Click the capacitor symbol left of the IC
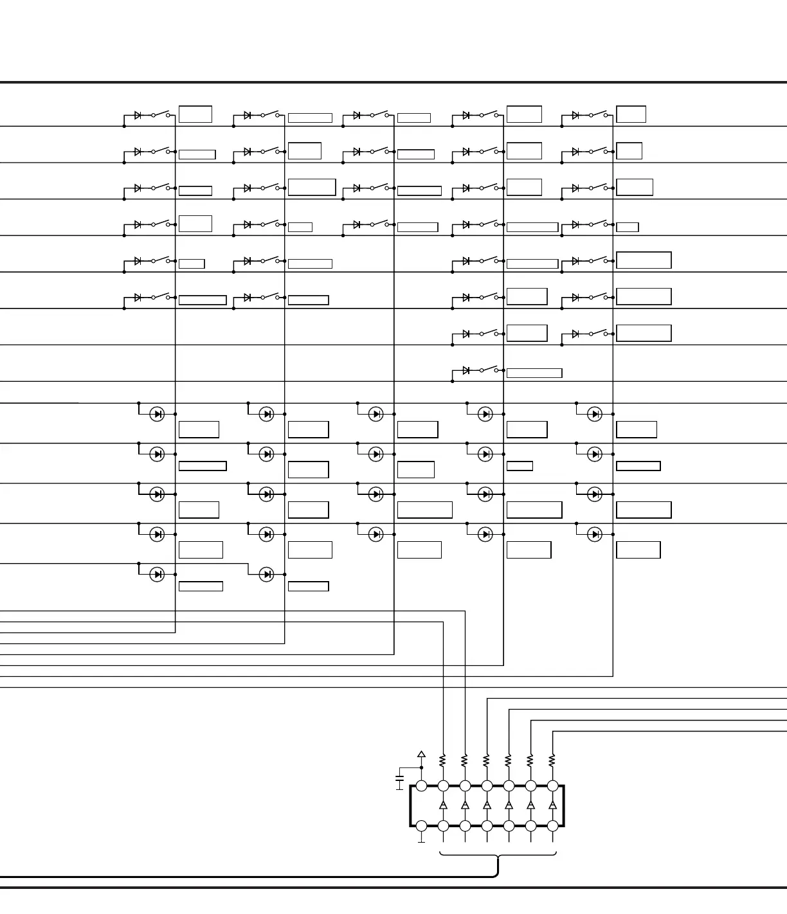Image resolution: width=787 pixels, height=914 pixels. pos(399,782)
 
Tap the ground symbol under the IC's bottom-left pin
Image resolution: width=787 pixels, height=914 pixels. pos(422,840)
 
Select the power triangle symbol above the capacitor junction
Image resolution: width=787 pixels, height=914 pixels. pos(422,754)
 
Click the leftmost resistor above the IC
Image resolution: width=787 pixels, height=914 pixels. pos(443,761)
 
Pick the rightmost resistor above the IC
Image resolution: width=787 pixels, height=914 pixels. pos(552,761)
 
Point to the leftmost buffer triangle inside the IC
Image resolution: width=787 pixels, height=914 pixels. pos(443,805)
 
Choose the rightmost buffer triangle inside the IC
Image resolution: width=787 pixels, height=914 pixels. pos(552,805)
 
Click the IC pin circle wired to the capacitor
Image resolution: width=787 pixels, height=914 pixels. pos(422,785)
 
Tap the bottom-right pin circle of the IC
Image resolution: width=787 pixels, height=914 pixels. pos(552,826)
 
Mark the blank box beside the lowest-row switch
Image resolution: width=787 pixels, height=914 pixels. pos(534,373)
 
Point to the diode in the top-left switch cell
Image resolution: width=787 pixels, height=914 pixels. pos(138,116)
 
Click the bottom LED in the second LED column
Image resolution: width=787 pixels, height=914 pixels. pos(266,574)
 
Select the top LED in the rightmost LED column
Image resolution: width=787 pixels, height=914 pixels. pos(595,414)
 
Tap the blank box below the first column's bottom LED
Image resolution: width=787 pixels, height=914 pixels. pos(201,586)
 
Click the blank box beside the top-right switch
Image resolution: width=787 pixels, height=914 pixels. pos(631,114)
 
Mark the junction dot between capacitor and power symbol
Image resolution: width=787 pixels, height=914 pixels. pos(422,767)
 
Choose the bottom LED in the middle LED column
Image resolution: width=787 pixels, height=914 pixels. pos(375,534)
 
